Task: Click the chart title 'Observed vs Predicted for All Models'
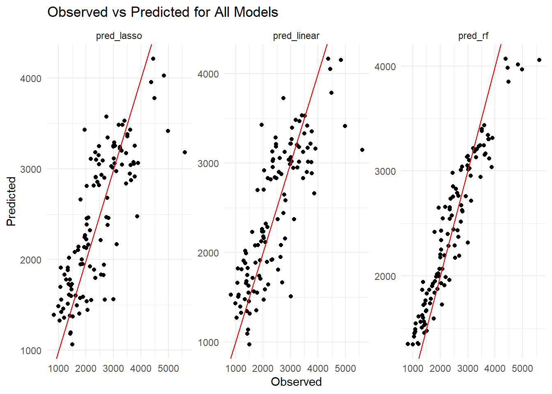click(163, 12)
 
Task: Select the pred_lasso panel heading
click(119, 36)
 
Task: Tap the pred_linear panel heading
click(296, 36)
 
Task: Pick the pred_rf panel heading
click(473, 36)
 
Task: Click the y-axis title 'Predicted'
click(11, 201)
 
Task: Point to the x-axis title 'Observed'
click(296, 382)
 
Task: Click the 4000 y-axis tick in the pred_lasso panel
click(31, 78)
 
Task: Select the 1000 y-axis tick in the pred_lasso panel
click(31, 350)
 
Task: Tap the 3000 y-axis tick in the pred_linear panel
click(208, 163)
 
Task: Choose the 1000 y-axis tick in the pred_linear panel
click(208, 342)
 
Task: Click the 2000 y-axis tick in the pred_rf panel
click(385, 276)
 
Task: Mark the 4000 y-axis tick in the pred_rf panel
click(385, 66)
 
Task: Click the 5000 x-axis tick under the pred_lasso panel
click(168, 368)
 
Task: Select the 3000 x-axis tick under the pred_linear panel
click(290, 368)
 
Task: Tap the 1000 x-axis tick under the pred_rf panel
click(413, 368)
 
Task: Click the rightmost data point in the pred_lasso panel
click(185, 152)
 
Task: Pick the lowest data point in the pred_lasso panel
click(72, 344)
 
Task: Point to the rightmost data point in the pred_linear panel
click(362, 150)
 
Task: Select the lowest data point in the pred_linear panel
click(249, 344)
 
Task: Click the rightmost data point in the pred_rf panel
click(539, 60)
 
